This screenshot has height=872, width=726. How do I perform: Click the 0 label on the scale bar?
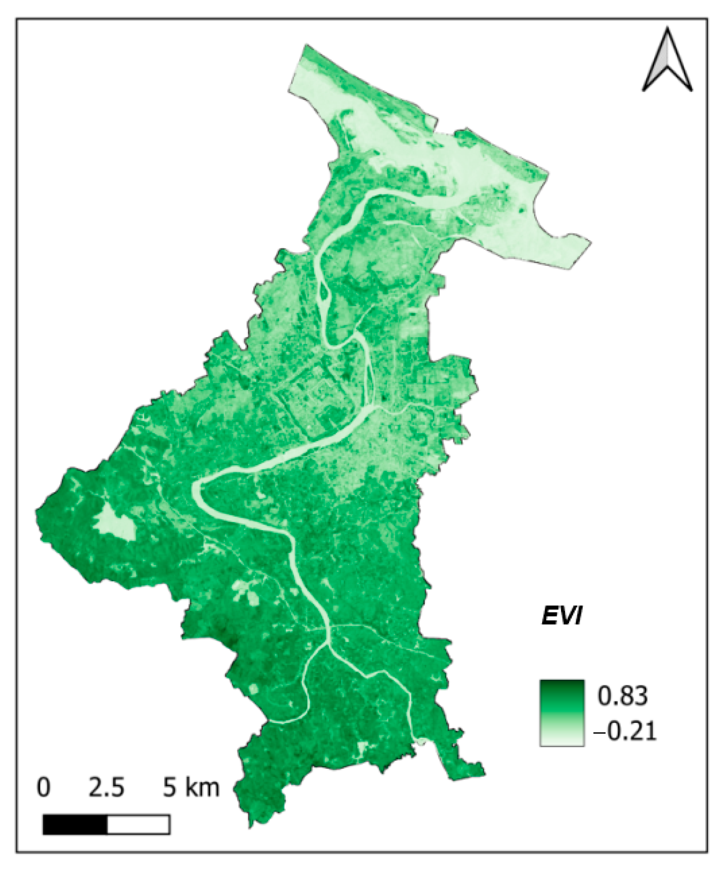pyautogui.click(x=43, y=787)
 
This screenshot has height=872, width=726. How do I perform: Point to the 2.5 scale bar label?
pyautogui.click(x=106, y=787)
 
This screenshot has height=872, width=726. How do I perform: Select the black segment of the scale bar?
pyautogui.click(x=75, y=824)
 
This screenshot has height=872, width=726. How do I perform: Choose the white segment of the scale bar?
pyautogui.click(x=138, y=824)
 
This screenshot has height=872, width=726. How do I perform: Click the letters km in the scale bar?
pyautogui.click(x=203, y=787)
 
